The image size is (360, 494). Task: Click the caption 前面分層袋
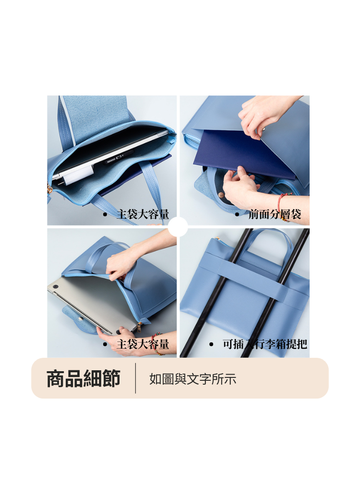[x=275, y=214]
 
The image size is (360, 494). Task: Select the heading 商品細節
[x=83, y=378]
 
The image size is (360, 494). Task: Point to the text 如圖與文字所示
[x=192, y=379]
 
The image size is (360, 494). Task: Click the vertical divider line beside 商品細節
[x=135, y=378]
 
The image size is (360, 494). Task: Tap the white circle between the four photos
[x=178, y=226]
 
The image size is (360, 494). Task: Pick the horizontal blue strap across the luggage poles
[x=254, y=271]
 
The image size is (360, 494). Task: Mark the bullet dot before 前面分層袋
[x=237, y=215]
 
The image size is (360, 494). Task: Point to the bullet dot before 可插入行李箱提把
[x=211, y=344]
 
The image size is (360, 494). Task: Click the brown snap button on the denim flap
[x=221, y=196]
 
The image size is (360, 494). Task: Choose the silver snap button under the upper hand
[x=264, y=129]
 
